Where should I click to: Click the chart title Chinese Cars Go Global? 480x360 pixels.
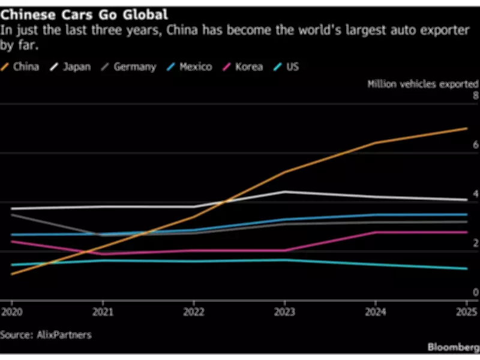click(84, 13)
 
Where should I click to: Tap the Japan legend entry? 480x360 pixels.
click(71, 67)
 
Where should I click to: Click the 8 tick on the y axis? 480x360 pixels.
click(475, 96)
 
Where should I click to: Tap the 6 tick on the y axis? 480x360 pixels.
click(475, 145)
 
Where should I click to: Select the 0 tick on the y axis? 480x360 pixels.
click(475, 292)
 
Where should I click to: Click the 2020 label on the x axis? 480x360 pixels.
click(11, 312)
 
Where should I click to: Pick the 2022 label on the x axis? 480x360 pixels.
click(193, 312)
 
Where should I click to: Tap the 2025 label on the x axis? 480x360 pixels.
click(467, 312)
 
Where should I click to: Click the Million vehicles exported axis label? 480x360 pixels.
click(422, 84)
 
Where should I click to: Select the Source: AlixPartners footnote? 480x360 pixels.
click(46, 335)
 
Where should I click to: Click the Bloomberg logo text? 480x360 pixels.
click(452, 347)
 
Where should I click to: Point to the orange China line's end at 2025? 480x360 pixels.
click(467, 128)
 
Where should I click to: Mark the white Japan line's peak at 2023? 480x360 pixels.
click(284, 191)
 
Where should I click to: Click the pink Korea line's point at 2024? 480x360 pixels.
click(376, 232)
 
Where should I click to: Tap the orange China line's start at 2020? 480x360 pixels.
click(12, 274)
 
